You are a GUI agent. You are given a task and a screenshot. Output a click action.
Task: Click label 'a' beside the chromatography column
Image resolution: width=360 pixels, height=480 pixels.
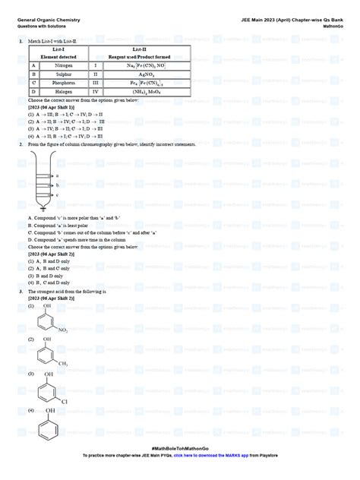point(58,175)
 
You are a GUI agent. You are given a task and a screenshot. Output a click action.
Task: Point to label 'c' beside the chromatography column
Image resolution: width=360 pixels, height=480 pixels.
point(58,194)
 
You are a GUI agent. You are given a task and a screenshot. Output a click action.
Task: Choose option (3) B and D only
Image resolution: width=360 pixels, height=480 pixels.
point(44,273)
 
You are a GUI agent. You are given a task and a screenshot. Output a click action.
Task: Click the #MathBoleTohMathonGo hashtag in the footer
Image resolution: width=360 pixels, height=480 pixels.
point(179,450)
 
